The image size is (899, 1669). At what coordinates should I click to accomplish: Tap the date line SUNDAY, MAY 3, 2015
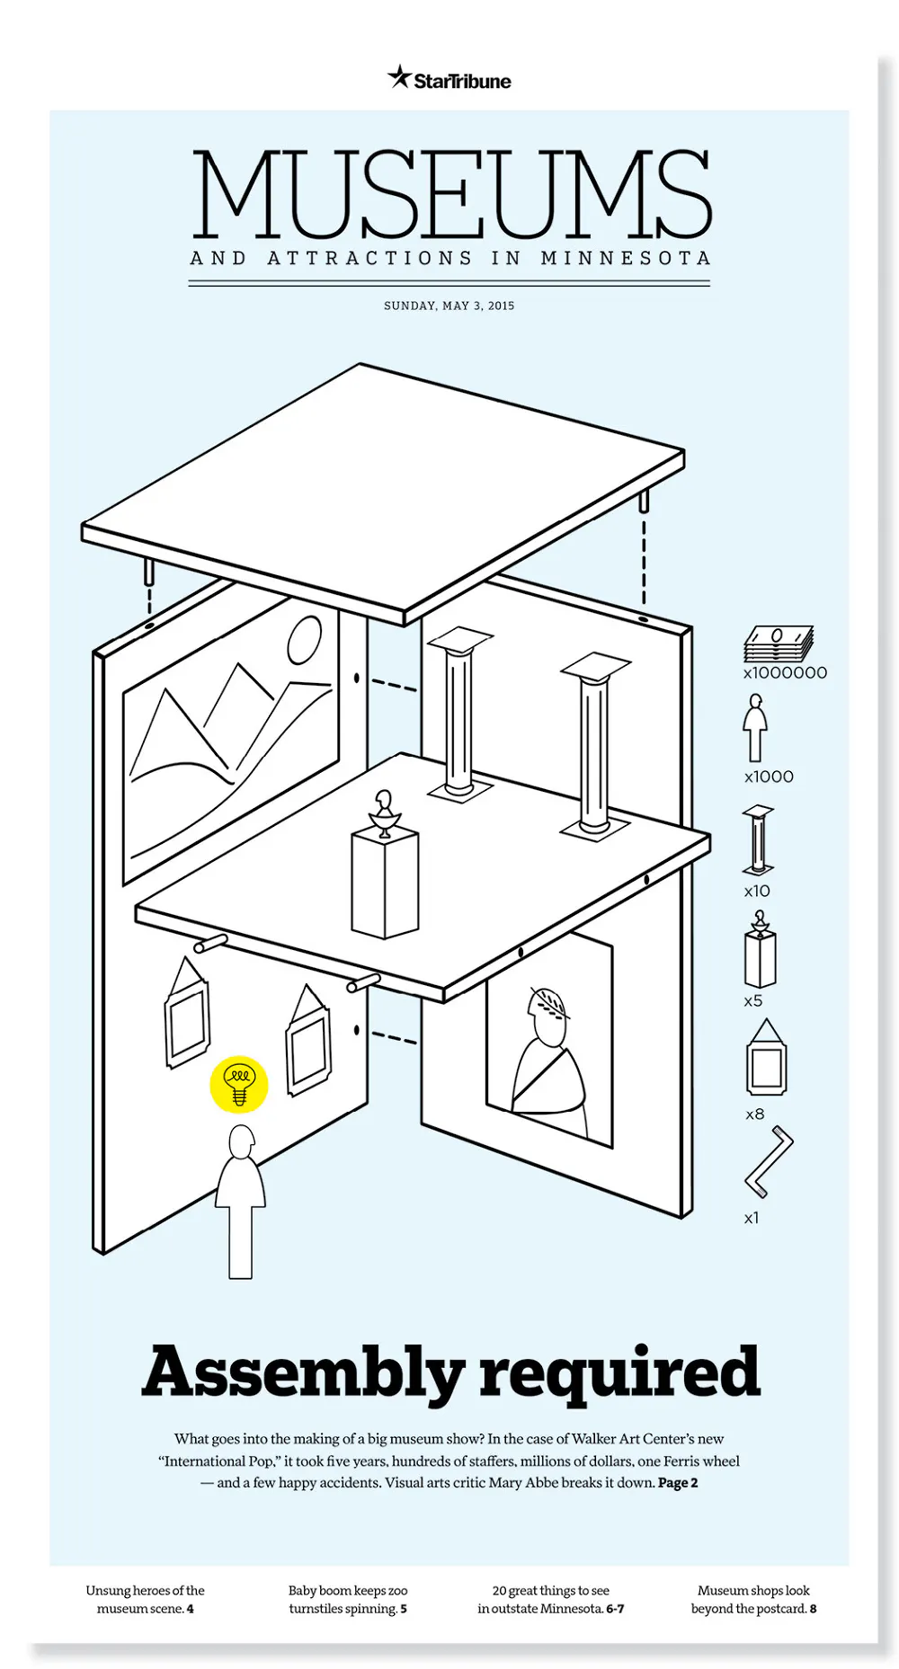(449, 306)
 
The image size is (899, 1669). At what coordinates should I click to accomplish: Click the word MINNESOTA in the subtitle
(626, 259)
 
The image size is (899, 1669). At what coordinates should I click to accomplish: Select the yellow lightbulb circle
(239, 1084)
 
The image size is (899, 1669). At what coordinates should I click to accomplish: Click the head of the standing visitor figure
(241, 1143)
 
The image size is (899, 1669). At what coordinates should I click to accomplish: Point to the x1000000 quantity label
(785, 673)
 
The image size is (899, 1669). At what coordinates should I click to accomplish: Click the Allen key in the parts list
(769, 1161)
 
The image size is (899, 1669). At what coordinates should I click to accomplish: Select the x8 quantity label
(755, 1114)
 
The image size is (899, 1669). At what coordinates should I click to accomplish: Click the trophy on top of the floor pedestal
(384, 813)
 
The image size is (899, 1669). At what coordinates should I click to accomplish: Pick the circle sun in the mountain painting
(304, 639)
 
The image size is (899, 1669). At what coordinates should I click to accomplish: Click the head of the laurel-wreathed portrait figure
(548, 1016)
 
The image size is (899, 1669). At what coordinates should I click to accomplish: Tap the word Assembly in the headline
(302, 1372)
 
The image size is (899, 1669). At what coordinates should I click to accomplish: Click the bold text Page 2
(678, 1483)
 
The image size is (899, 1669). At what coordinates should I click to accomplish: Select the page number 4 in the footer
(191, 1609)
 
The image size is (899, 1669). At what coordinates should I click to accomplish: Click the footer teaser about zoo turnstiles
(348, 1600)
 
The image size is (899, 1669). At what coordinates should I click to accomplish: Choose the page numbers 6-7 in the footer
(615, 1609)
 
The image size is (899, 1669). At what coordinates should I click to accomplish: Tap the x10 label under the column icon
(757, 892)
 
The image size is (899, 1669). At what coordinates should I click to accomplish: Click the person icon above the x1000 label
(755, 728)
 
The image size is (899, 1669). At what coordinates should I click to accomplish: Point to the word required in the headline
(619, 1372)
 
